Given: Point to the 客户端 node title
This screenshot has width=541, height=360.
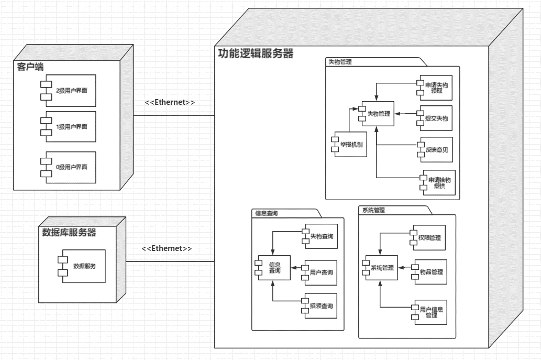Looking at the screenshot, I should [29, 67].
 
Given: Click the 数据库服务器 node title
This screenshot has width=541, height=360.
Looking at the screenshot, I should [69, 233].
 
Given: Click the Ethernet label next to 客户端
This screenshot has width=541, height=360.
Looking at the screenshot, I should [170, 102].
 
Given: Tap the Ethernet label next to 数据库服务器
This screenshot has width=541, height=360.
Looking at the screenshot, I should [167, 248].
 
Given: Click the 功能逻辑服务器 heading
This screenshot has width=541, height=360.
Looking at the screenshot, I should [256, 53].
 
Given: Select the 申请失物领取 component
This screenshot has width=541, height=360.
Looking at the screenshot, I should [436, 88].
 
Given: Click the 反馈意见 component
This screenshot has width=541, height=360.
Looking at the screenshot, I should [436, 150].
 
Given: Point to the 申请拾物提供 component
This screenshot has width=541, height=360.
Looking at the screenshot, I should [438, 183].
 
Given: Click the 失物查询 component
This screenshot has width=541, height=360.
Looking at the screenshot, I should [320, 237].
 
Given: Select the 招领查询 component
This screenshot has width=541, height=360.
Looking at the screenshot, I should [320, 307].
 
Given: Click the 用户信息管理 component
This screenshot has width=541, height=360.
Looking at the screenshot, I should [430, 312].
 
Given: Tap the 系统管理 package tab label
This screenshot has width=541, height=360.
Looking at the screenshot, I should [373, 210].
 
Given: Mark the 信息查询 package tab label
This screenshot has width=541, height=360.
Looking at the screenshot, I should [267, 213].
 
